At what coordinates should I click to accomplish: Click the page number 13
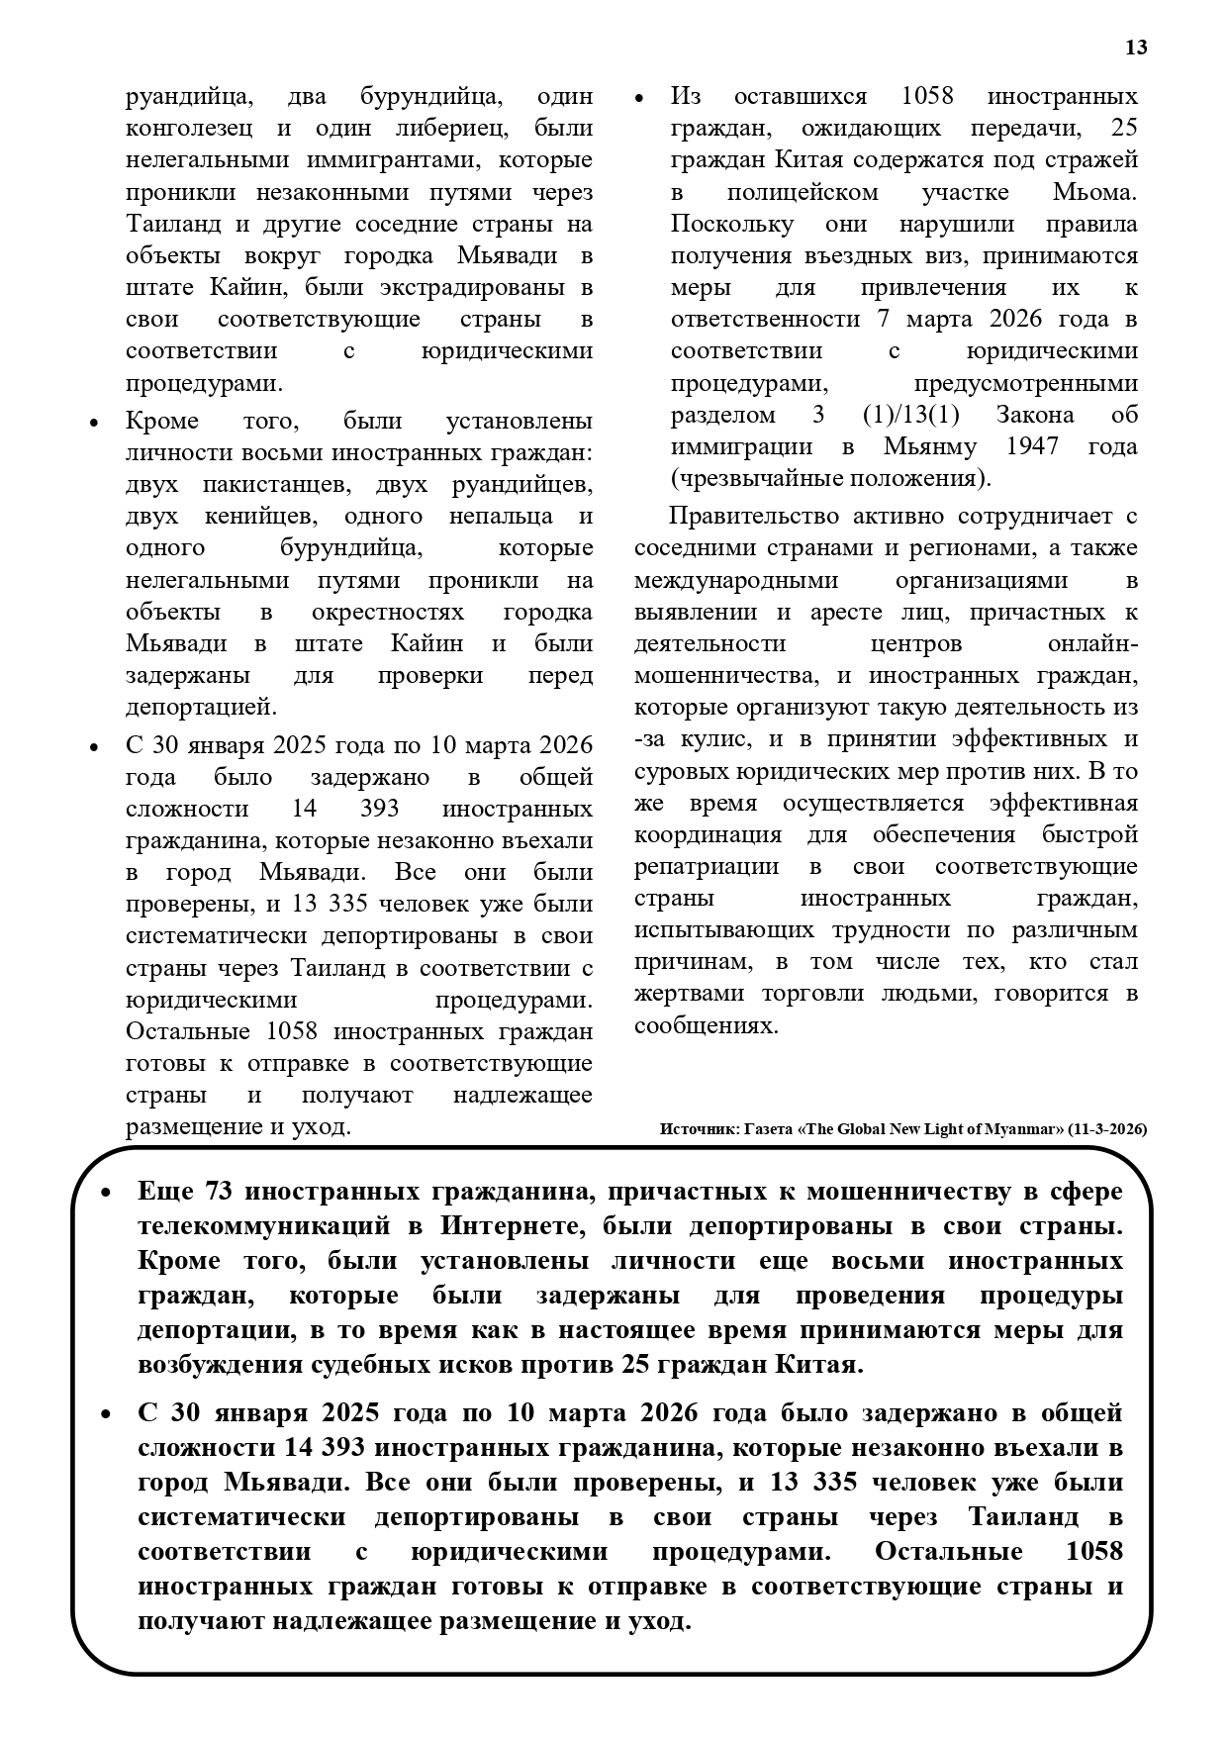(x=1136, y=48)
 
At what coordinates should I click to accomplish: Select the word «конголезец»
(x=189, y=129)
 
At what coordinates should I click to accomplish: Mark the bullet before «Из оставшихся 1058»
(x=638, y=98)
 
